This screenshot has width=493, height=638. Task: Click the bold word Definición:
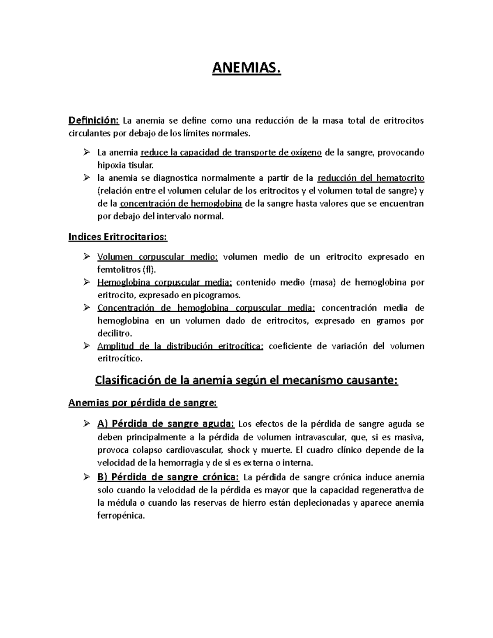(93, 120)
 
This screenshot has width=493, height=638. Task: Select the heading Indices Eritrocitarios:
(117, 237)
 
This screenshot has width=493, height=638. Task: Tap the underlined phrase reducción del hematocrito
(371, 178)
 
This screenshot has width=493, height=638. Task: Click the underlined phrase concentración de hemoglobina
(181, 204)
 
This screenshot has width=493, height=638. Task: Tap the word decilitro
(114, 333)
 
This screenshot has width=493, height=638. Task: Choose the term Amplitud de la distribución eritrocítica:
(180, 346)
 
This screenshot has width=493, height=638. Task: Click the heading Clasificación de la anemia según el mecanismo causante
(246, 380)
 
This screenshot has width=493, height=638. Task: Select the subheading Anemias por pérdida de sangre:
(142, 403)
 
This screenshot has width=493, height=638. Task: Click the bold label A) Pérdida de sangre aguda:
(166, 424)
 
